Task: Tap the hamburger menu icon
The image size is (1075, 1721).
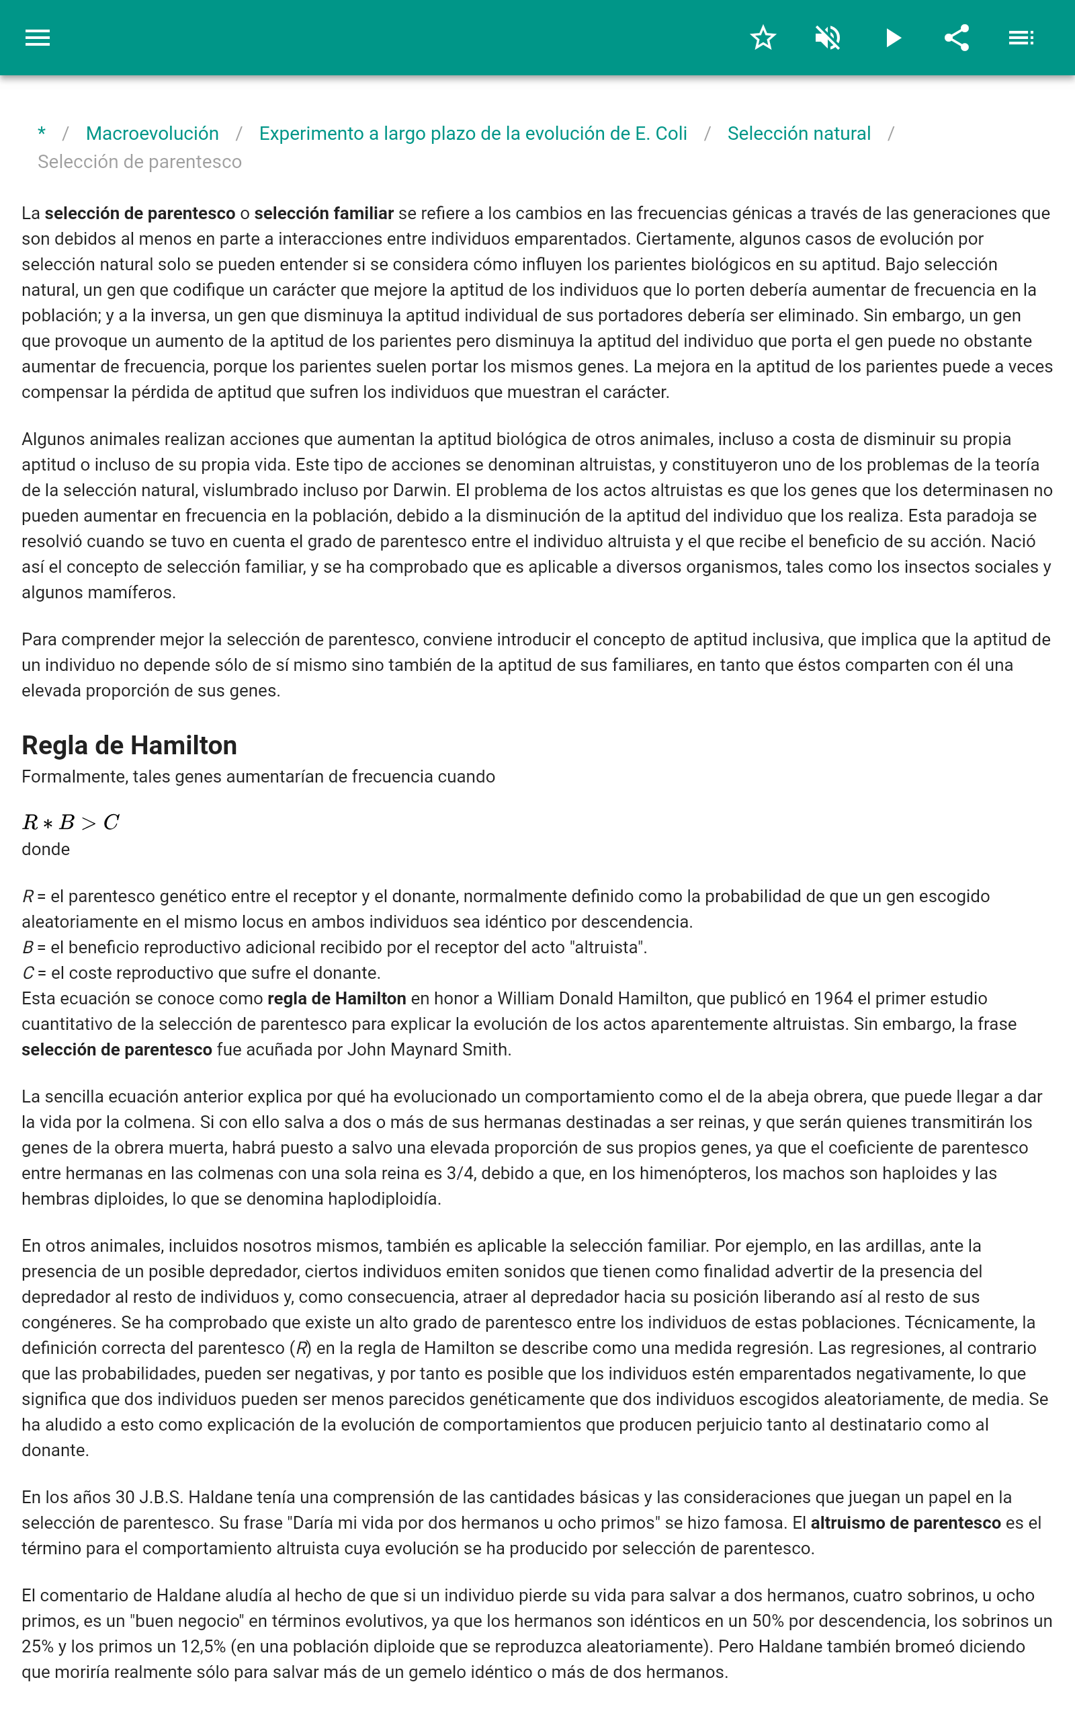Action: tap(38, 38)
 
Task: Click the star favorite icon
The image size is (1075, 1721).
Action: tap(763, 38)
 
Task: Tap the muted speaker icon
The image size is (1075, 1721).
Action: tap(828, 38)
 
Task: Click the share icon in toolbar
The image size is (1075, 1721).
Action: tap(957, 38)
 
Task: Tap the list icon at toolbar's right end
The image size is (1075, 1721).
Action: tap(1021, 38)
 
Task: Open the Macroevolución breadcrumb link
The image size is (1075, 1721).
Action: tap(152, 134)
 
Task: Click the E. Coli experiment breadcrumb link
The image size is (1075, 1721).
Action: tap(473, 134)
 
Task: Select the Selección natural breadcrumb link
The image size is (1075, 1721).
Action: tap(798, 134)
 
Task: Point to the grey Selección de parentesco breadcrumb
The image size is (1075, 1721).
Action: tap(139, 162)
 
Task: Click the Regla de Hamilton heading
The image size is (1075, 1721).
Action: tap(130, 746)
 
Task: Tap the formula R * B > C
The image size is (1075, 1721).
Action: tap(71, 823)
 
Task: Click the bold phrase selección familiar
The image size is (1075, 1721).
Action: tap(323, 213)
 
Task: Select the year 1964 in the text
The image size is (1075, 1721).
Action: tap(833, 998)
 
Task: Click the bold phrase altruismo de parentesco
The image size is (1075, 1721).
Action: tap(905, 1523)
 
